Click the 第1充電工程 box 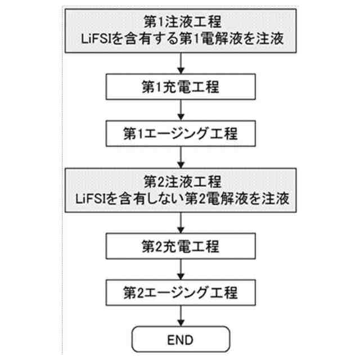click(x=179, y=88)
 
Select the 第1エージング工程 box click(x=179, y=134)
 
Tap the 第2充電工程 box click(x=179, y=246)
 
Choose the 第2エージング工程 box click(x=179, y=292)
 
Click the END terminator click(x=179, y=339)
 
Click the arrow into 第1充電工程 click(x=179, y=63)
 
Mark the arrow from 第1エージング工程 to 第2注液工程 click(x=179, y=156)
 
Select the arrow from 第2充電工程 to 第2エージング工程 click(x=179, y=269)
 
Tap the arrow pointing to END click(x=179, y=316)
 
